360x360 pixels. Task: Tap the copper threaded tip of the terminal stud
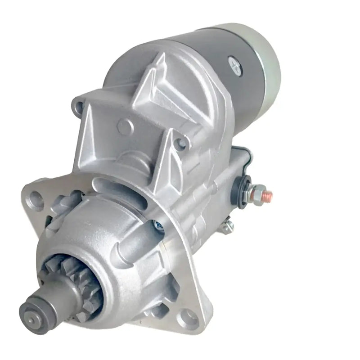pyautogui.click(x=268, y=194)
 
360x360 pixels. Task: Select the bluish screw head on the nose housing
pyautogui.click(x=158, y=225)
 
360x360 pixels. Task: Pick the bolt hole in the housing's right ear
pyautogui.click(x=182, y=143)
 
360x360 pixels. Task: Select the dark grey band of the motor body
pyautogui.click(x=216, y=49)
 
